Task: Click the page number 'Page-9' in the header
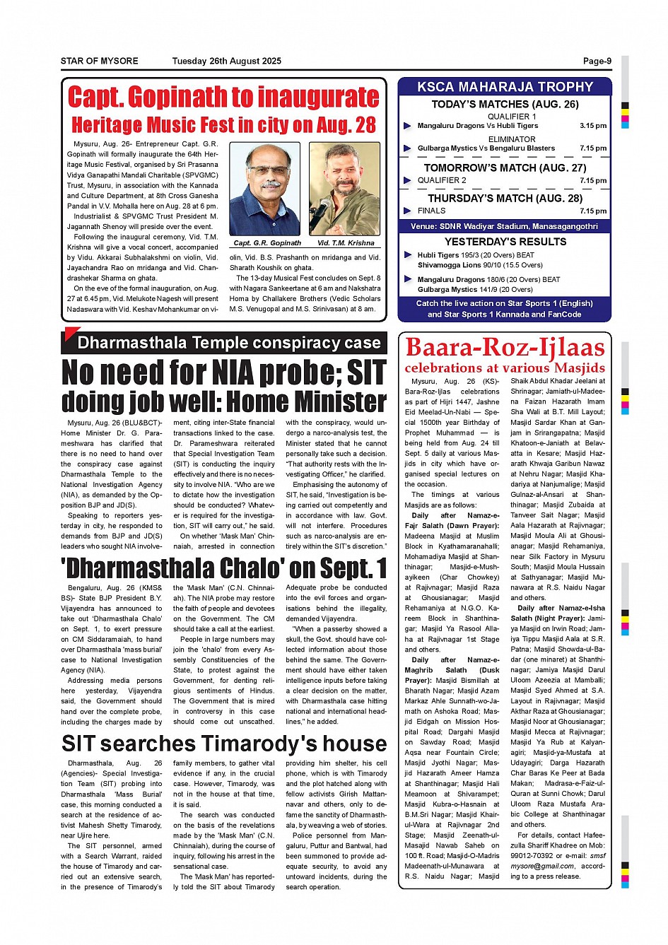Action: click(597, 61)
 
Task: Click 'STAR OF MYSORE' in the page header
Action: click(99, 61)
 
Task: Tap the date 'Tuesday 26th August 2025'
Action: click(226, 61)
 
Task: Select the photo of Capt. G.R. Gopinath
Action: click(265, 189)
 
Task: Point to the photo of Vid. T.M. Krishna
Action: click(345, 189)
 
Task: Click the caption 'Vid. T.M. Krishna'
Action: click(346, 243)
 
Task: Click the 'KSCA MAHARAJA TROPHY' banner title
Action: click(505, 87)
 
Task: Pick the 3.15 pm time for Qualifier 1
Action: click(592, 126)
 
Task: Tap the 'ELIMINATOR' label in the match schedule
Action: click(512, 139)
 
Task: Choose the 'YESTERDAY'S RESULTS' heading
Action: click(505, 242)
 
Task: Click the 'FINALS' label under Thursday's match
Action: click(431, 211)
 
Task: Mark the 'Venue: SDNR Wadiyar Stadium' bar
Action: click(505, 226)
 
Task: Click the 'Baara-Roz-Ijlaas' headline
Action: click(505, 348)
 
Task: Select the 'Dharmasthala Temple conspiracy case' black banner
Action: click(228, 343)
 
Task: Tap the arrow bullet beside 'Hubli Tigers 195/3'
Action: click(408, 255)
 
